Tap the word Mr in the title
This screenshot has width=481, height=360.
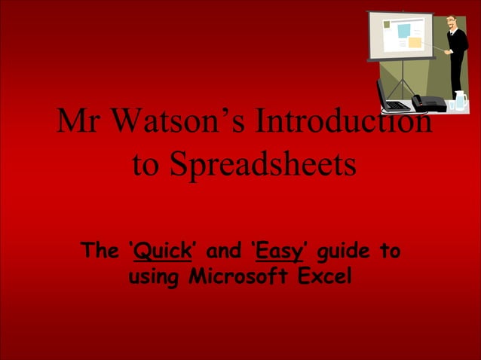(77, 121)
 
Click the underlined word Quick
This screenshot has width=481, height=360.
(158, 251)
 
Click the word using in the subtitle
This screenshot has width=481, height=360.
(154, 277)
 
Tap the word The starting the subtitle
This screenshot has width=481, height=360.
(99, 251)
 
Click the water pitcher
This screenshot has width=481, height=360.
(460, 101)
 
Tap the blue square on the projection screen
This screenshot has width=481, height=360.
(404, 31)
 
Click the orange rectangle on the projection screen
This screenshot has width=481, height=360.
(415, 43)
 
